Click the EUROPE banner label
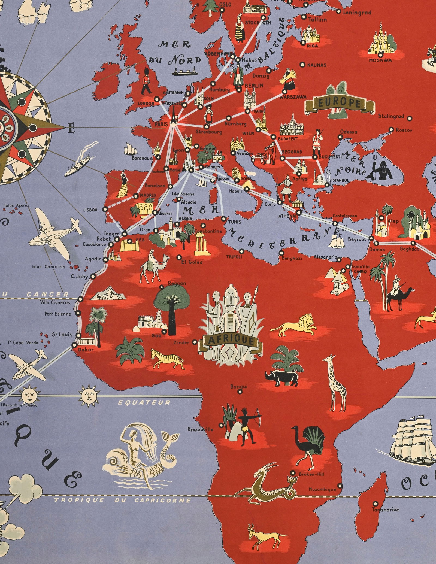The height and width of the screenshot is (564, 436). tap(339, 104)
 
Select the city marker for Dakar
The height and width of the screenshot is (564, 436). tap(74, 345)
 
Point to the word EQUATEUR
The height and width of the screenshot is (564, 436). tap(144, 402)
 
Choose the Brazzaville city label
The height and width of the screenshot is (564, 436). tap(200, 430)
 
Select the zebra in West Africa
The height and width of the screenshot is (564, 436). tap(167, 359)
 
